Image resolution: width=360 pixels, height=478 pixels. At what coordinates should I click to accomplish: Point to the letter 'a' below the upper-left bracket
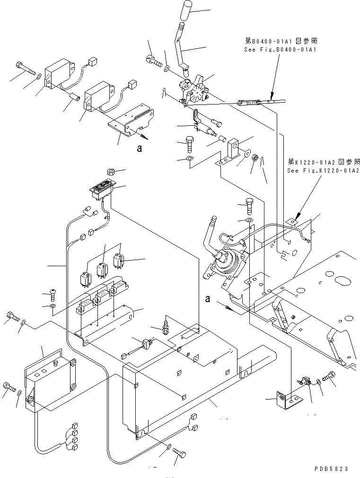point(139,148)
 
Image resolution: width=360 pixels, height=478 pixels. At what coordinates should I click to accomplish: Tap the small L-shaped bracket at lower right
point(289,398)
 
